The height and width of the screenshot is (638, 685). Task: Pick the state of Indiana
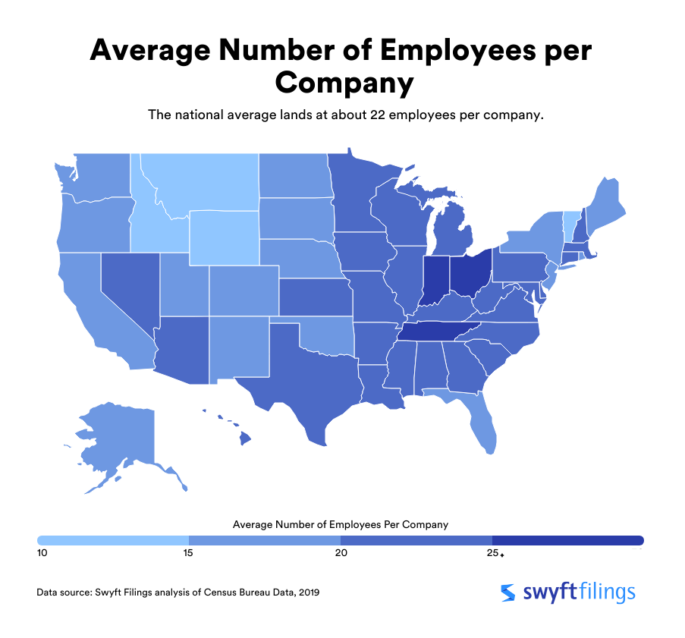point(435,281)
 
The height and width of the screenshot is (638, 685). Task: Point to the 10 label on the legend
point(42,553)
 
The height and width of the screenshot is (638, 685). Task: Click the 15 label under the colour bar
point(188,553)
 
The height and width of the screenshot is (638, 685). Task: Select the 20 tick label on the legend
point(341,553)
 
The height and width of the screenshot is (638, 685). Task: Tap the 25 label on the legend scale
point(492,553)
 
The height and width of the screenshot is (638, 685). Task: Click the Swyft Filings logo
point(568,592)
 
